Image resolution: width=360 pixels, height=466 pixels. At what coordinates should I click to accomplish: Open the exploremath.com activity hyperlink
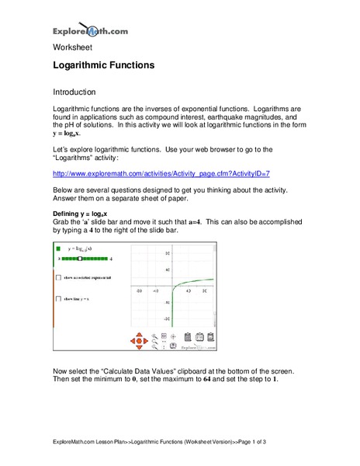pos(161,175)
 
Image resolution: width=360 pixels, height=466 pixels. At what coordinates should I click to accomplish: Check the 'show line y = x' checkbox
pos(57,298)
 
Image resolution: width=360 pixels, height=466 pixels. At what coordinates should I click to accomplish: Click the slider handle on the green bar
pos(80,257)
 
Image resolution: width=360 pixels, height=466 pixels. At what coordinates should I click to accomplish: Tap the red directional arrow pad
pos(138,339)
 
